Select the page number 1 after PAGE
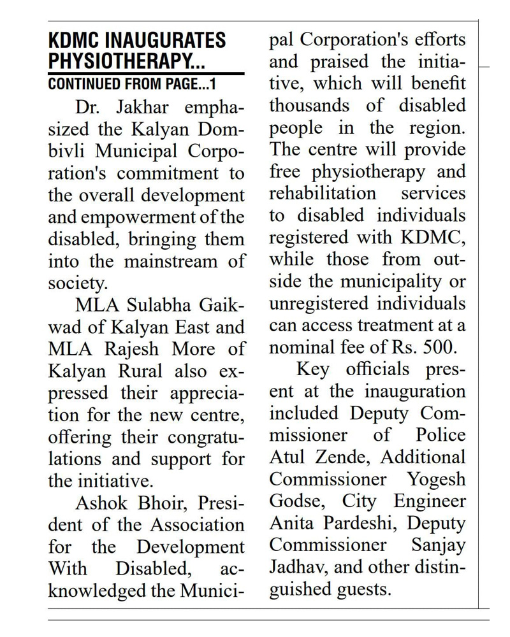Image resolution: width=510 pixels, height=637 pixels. pyautogui.click(x=214, y=83)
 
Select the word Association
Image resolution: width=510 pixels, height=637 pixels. pyautogui.click(x=198, y=525)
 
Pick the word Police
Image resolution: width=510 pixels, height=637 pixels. pyautogui.click(x=441, y=436)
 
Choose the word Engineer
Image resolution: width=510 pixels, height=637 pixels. pyautogui.click(x=430, y=501)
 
